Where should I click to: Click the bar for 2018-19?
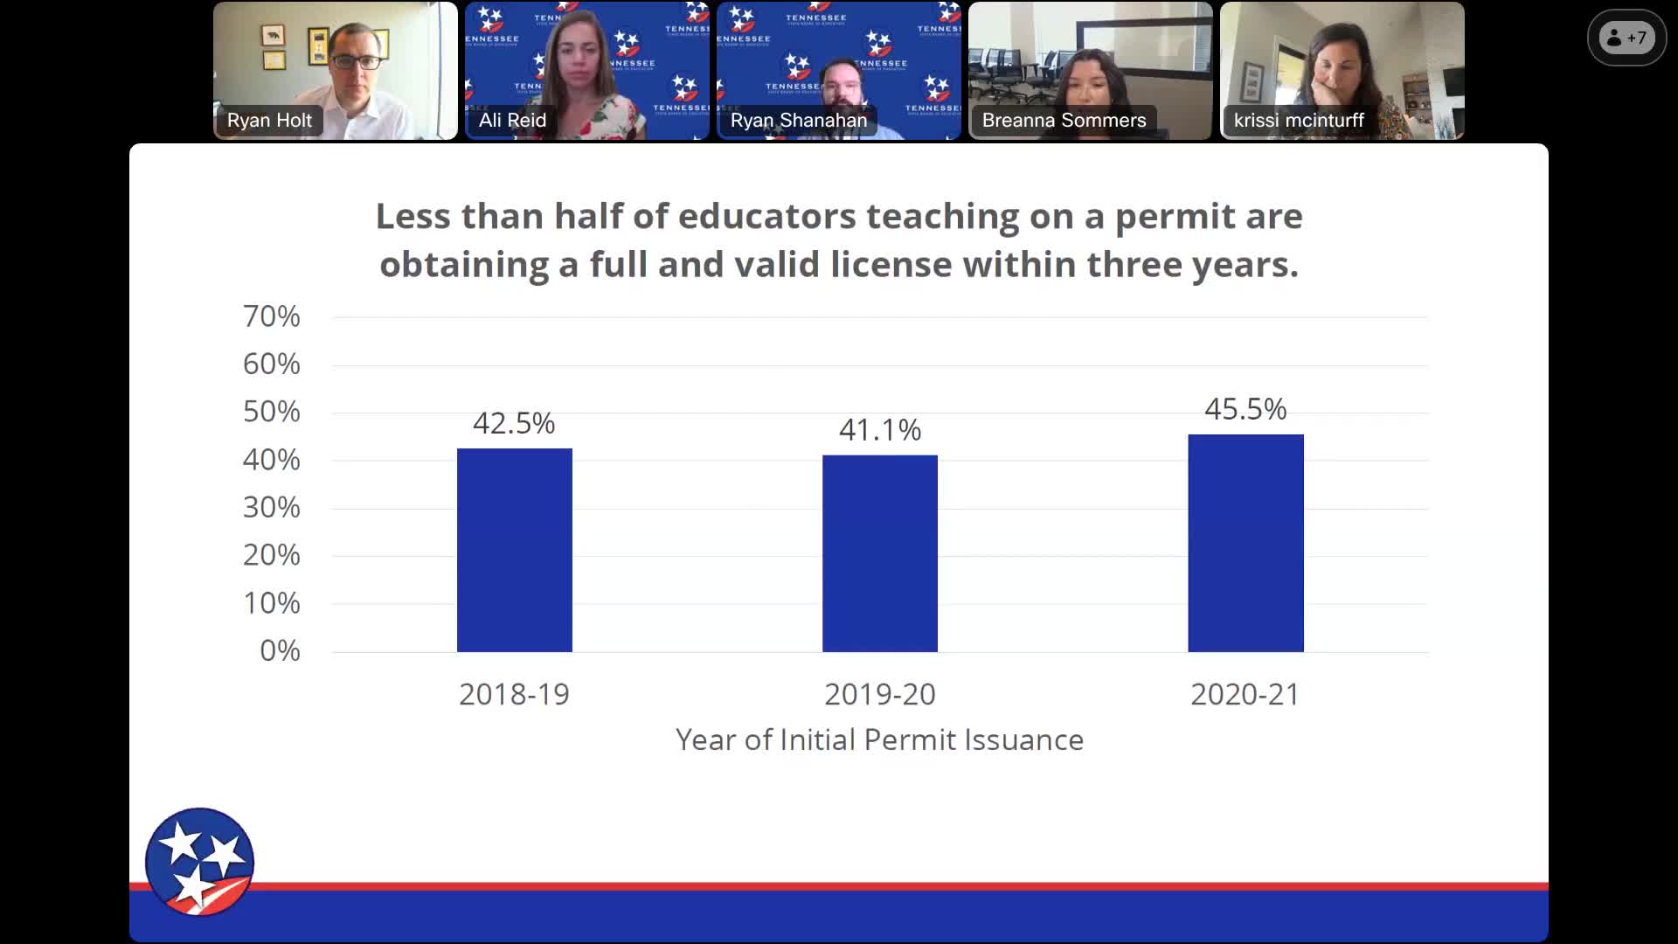coord(514,550)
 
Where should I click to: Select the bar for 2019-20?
coord(879,553)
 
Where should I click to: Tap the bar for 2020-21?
coord(1245,543)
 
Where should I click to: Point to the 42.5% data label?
coord(514,424)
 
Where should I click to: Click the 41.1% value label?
coord(879,430)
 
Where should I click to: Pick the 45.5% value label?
coord(1245,409)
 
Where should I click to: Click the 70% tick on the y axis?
coord(272,316)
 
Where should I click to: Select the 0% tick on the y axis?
coord(280,651)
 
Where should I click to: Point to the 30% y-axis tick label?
coord(272,508)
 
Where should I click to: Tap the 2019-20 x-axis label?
coord(879,695)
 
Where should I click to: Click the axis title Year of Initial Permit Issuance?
coord(879,740)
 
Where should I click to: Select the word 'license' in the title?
coord(891,265)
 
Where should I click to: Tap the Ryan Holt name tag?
coord(269,121)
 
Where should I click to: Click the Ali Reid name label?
coord(512,121)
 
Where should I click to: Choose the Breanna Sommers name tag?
coord(1064,121)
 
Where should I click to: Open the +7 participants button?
coord(1626,38)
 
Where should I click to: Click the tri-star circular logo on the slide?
coord(199,862)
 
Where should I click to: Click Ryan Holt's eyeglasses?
coord(356,62)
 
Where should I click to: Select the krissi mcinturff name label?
coord(1298,121)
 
